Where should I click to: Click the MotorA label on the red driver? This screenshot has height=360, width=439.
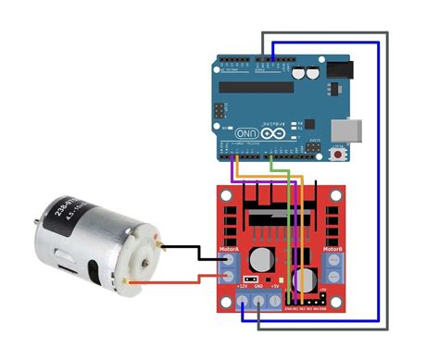click(x=229, y=249)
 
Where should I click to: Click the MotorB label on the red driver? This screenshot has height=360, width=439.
click(x=332, y=249)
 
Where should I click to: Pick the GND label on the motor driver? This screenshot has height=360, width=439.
click(x=258, y=287)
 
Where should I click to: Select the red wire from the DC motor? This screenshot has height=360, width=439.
click(x=185, y=279)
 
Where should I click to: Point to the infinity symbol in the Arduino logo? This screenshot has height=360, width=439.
click(x=275, y=133)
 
